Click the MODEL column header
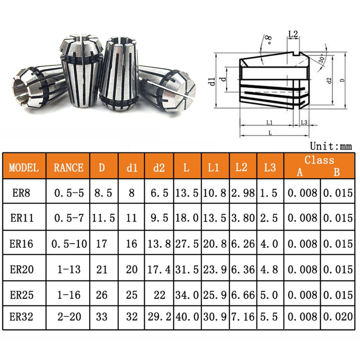click(x=24, y=167)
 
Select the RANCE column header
click(x=68, y=167)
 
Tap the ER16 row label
click(x=21, y=243)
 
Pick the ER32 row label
click(x=21, y=317)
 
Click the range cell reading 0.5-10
click(x=69, y=244)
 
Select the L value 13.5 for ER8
click(x=187, y=193)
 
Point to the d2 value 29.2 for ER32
click(x=159, y=317)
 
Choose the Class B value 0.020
click(x=338, y=317)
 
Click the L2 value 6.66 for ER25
click(x=243, y=295)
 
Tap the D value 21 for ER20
click(x=102, y=269)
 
